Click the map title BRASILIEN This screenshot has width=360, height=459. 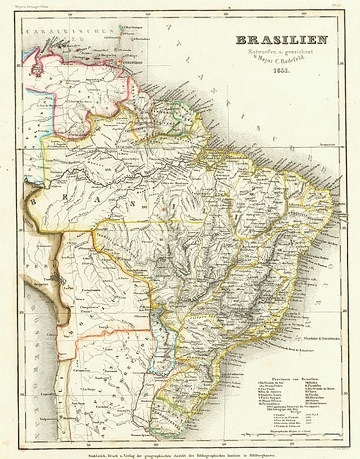pyautogui.click(x=281, y=40)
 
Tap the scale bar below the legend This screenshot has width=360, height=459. pyautogui.click(x=301, y=435)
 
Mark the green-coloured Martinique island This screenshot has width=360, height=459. pyautogui.click(x=121, y=27)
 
